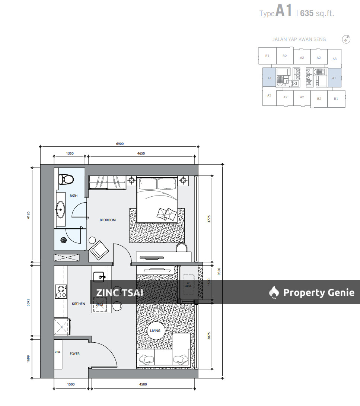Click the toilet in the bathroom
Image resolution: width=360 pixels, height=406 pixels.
66,180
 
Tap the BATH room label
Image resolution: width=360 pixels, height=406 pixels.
73,196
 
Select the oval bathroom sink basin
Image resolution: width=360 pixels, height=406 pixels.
60,210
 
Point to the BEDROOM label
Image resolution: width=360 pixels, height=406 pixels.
108,220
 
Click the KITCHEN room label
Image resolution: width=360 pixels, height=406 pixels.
78,304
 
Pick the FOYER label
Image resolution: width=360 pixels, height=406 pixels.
74,354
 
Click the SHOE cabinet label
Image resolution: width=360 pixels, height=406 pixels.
57,352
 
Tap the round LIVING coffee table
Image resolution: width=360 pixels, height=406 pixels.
155,331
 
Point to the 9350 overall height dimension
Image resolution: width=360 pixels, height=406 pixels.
220,271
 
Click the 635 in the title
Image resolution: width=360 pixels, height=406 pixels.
307,13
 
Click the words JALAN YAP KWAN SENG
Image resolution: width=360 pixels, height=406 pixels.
299,39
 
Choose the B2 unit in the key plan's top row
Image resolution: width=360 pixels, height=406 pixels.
284,56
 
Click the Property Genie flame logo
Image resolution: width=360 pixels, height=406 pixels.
274,293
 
